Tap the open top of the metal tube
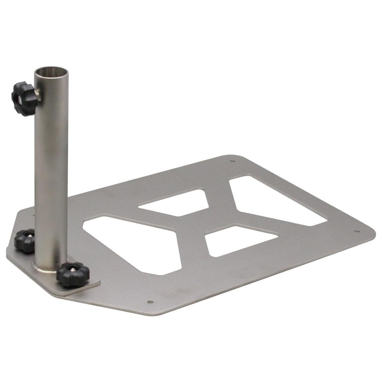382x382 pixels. pos(51,71)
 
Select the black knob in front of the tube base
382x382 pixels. pos(73,274)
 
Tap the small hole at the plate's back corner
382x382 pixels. pos(233,162)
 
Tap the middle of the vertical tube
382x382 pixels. pos(51,168)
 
